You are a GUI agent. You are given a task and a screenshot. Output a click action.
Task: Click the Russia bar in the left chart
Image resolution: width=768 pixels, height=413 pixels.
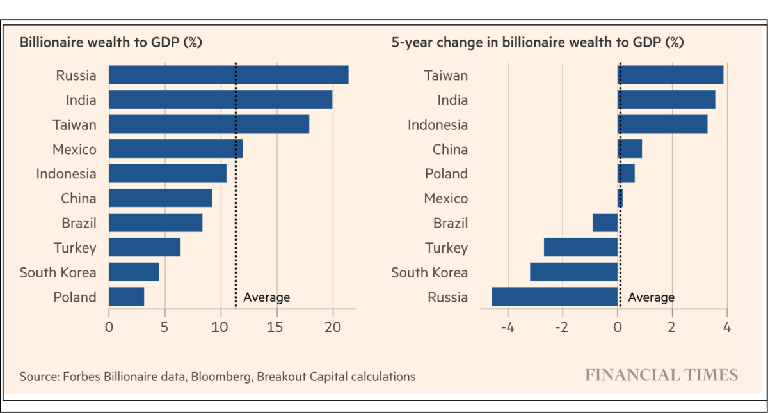click(228, 75)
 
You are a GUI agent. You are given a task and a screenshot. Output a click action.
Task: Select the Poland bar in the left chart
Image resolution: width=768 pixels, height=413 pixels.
click(127, 297)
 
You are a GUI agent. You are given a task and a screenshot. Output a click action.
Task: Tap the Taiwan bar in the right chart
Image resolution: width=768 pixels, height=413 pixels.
click(670, 75)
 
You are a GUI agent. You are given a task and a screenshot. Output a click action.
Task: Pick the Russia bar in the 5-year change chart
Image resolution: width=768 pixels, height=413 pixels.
click(554, 297)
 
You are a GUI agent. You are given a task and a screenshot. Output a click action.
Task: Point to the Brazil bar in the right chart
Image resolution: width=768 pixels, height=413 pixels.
click(605, 222)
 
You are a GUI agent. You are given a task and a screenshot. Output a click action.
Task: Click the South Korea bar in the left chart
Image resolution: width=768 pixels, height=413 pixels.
click(134, 272)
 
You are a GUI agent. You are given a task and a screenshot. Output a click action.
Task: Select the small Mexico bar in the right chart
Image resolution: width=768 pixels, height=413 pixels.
click(620, 198)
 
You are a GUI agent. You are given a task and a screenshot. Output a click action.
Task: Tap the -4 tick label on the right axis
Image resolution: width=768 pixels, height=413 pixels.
click(508, 327)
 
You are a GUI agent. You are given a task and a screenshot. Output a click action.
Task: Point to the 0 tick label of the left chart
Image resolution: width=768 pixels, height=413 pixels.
click(109, 327)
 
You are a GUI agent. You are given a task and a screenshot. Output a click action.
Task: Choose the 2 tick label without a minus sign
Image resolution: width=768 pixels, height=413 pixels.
click(672, 327)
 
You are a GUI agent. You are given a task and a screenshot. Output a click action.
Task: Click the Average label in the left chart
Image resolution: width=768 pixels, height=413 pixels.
click(267, 297)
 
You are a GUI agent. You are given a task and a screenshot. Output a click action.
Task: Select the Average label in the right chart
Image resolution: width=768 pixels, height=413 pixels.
click(651, 297)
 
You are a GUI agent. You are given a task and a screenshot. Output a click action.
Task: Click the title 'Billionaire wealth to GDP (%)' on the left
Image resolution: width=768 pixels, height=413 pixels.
click(111, 43)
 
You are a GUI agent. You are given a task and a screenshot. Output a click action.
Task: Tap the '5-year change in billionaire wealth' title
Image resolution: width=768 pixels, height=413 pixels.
click(538, 43)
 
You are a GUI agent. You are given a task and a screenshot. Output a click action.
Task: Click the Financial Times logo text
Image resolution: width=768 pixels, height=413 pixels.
click(661, 375)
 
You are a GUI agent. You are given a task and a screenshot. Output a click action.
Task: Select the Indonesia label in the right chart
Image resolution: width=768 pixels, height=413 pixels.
click(438, 125)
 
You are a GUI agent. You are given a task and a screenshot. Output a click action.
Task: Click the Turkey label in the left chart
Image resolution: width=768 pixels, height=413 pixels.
click(75, 247)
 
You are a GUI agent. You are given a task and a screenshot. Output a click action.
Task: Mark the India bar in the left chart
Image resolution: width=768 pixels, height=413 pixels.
click(220, 100)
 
